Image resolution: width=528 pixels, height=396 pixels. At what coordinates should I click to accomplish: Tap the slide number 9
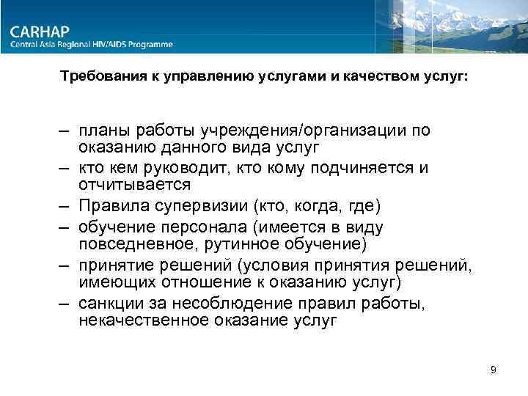[x=494, y=370]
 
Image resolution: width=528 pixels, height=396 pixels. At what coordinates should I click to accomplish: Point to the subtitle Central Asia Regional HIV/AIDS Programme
[x=92, y=45]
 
